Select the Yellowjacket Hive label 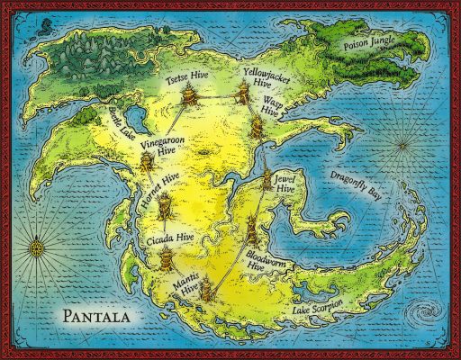click(261, 75)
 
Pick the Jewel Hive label click(283, 184)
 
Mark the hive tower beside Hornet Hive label click(165, 208)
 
